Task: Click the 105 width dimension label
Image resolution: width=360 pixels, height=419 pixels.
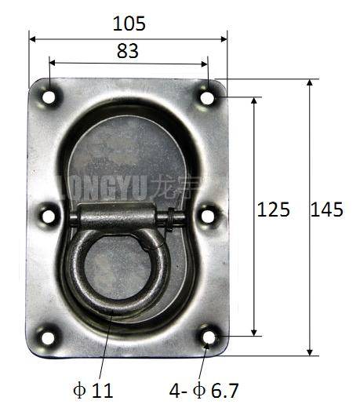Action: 129,24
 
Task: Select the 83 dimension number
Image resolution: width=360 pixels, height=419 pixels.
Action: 127,52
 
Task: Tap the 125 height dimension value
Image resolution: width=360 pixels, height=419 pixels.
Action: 274,209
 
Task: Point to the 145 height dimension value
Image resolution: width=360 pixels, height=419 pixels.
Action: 327,209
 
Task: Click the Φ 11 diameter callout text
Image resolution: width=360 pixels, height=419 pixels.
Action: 92,389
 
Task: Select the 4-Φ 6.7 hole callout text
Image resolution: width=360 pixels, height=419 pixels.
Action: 204,389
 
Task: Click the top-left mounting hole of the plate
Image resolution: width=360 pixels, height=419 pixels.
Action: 49,98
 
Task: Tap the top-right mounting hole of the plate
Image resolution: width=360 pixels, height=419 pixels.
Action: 208,97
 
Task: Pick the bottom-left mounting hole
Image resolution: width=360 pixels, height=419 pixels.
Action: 48,338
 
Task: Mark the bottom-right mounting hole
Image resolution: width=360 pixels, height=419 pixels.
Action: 209,337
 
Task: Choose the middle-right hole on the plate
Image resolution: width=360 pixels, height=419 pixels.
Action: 208,213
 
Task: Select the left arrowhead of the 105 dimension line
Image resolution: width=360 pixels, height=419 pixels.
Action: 33,37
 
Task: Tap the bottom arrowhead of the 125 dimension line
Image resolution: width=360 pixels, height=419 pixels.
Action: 255,332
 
